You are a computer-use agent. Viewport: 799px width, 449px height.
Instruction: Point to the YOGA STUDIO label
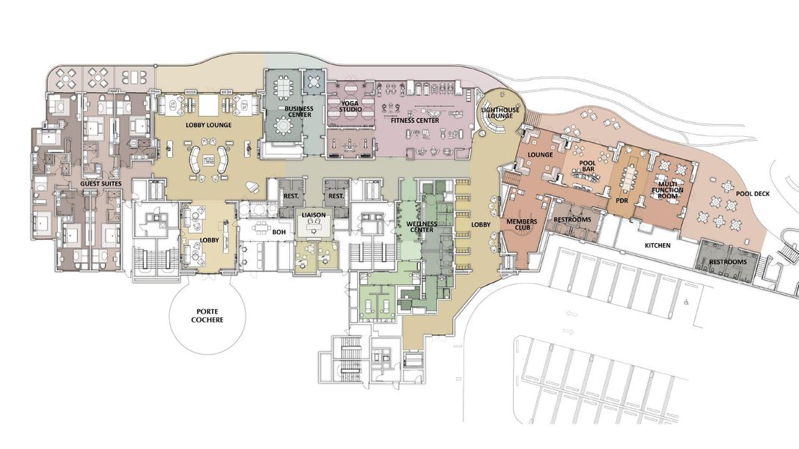coord(350,107)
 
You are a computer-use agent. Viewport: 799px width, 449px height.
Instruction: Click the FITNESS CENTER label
coord(410,120)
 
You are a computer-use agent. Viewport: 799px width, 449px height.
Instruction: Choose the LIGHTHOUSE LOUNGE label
coord(498,113)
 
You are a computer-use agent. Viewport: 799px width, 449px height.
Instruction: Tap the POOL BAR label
coord(592,166)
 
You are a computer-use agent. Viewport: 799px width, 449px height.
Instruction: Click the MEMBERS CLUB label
coord(522,225)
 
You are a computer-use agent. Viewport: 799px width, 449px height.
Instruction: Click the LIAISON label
coord(314,215)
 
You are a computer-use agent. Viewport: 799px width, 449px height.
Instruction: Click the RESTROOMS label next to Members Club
coord(573,219)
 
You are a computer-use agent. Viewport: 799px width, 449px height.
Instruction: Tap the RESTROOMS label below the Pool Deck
coord(729,262)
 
